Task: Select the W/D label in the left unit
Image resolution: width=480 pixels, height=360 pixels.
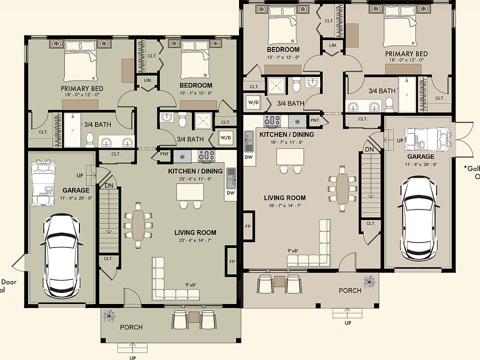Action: tap(225, 138)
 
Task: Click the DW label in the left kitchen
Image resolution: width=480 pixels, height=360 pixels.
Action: tap(230, 192)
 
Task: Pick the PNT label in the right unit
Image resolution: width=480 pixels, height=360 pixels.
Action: tap(315, 120)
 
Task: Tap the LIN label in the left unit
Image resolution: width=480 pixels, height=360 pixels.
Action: tap(147, 80)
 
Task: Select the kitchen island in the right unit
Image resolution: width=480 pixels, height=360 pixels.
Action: tap(291, 156)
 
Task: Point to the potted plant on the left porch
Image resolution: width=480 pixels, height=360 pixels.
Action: tap(108, 315)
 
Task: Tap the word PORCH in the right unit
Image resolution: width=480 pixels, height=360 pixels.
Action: tap(350, 290)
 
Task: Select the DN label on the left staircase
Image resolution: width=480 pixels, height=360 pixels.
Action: tap(109, 185)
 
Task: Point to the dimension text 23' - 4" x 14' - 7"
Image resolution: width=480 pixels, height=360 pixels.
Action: tap(195, 240)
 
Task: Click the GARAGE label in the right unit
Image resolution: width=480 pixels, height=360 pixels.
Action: tap(413, 156)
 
